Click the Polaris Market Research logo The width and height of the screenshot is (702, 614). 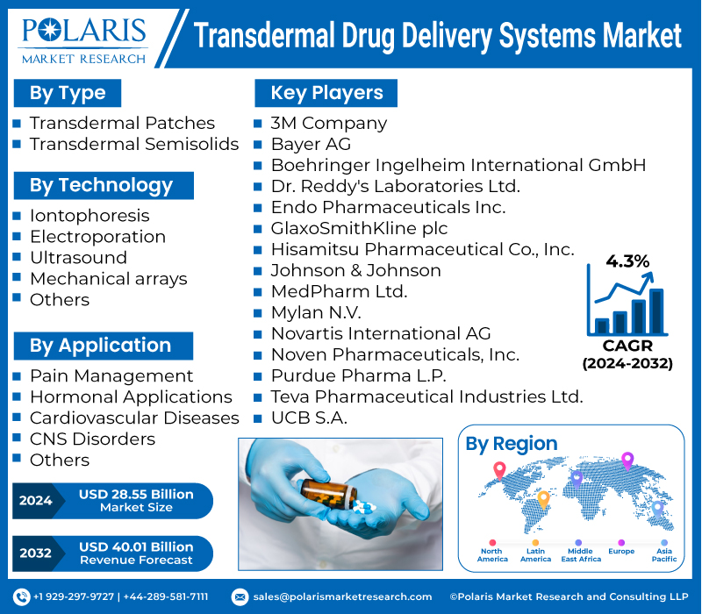point(85,39)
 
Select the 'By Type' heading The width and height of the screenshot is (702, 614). point(68,93)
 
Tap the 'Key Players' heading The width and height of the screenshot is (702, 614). point(326,93)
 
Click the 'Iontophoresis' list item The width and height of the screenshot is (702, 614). point(90,216)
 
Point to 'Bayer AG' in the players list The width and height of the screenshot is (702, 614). point(311,144)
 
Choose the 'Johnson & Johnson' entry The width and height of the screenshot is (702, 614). point(355,270)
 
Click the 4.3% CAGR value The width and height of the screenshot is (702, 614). point(627,261)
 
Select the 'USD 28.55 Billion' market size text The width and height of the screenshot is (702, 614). point(135,495)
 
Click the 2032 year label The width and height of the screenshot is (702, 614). point(36,553)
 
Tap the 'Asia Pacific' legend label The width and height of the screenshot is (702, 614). point(663,555)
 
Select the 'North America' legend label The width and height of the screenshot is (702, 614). point(491,555)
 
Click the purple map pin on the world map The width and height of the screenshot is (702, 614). point(627,460)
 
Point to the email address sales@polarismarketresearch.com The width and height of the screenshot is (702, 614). point(342,596)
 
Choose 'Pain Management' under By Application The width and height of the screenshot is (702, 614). point(111,375)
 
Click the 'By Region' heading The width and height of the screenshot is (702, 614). point(511,444)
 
